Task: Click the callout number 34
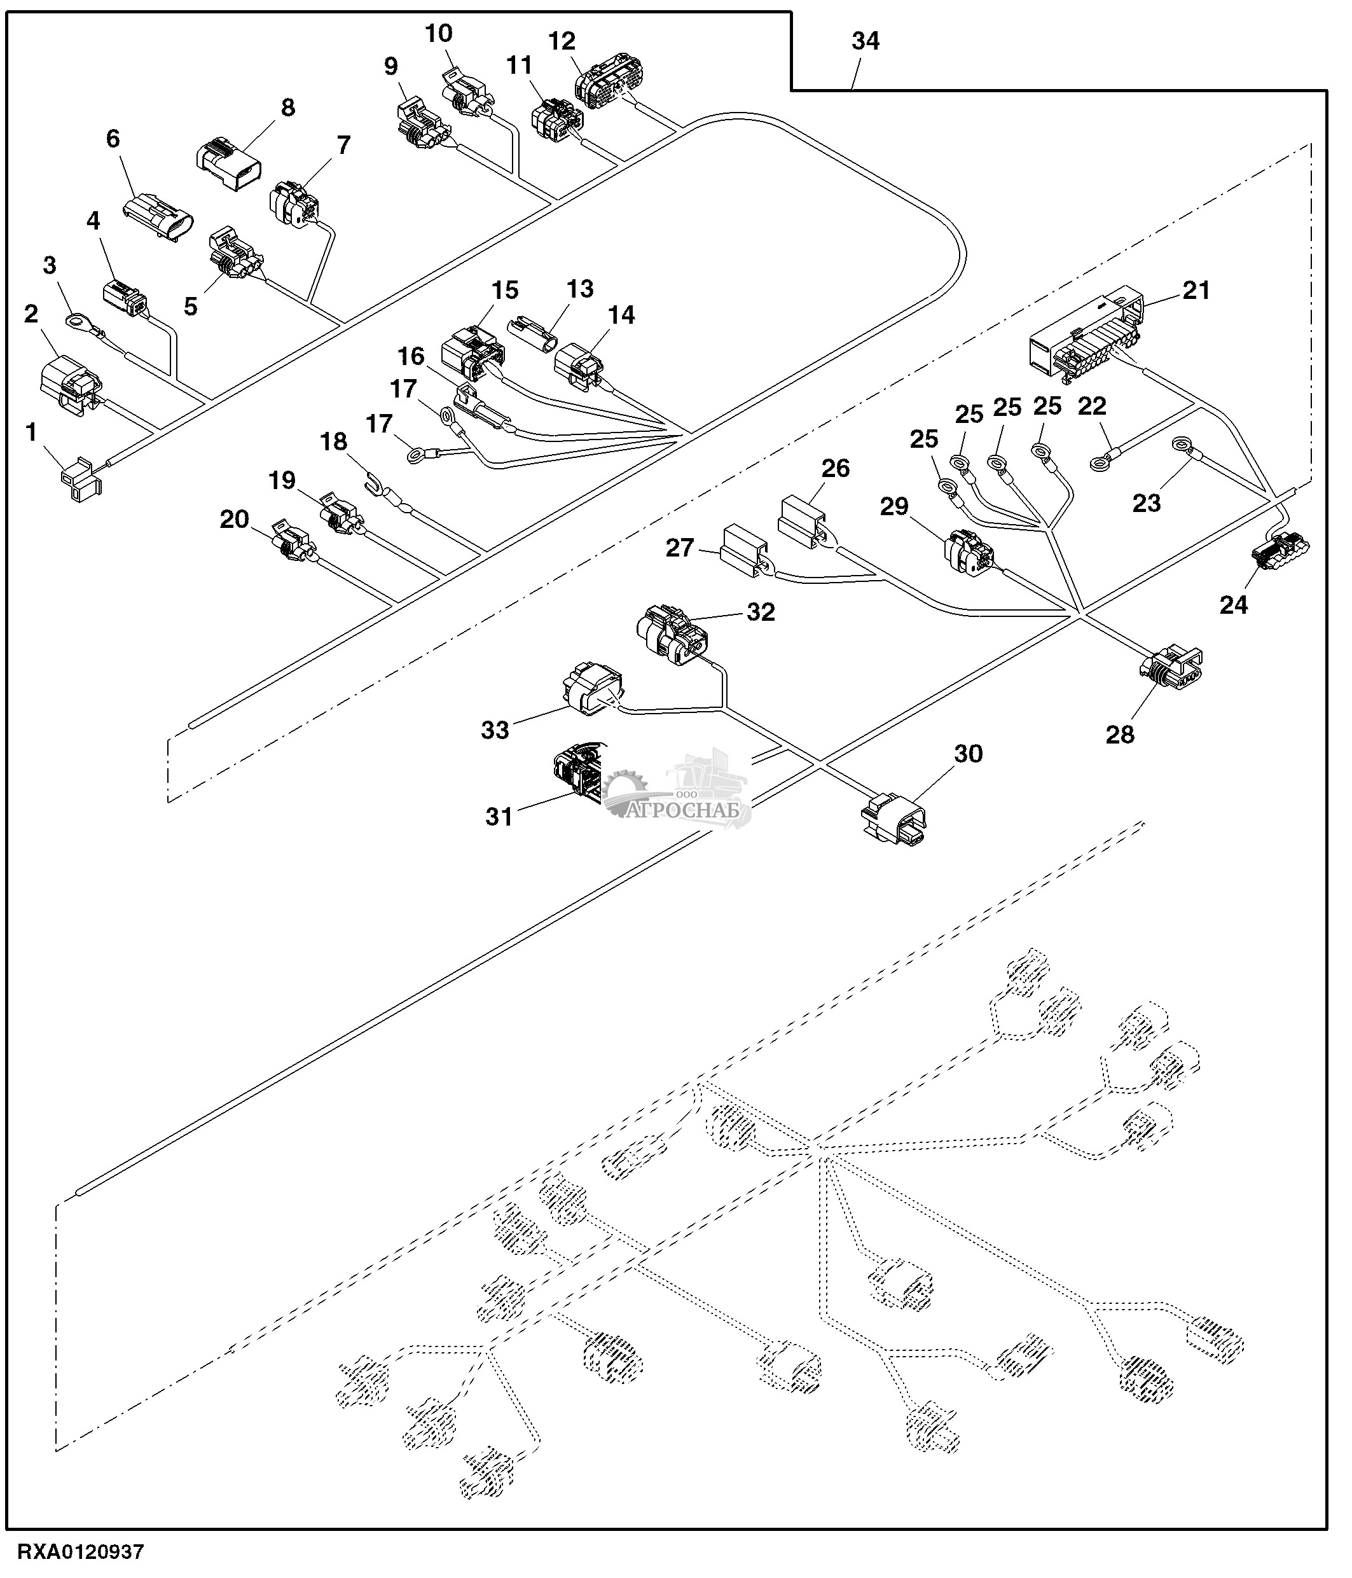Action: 865,41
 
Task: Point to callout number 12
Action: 562,42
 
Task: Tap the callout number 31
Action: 499,817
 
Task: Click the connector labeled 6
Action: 158,217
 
